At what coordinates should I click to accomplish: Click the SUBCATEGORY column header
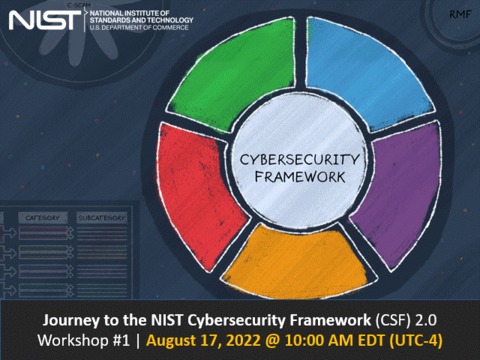pos(100,216)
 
